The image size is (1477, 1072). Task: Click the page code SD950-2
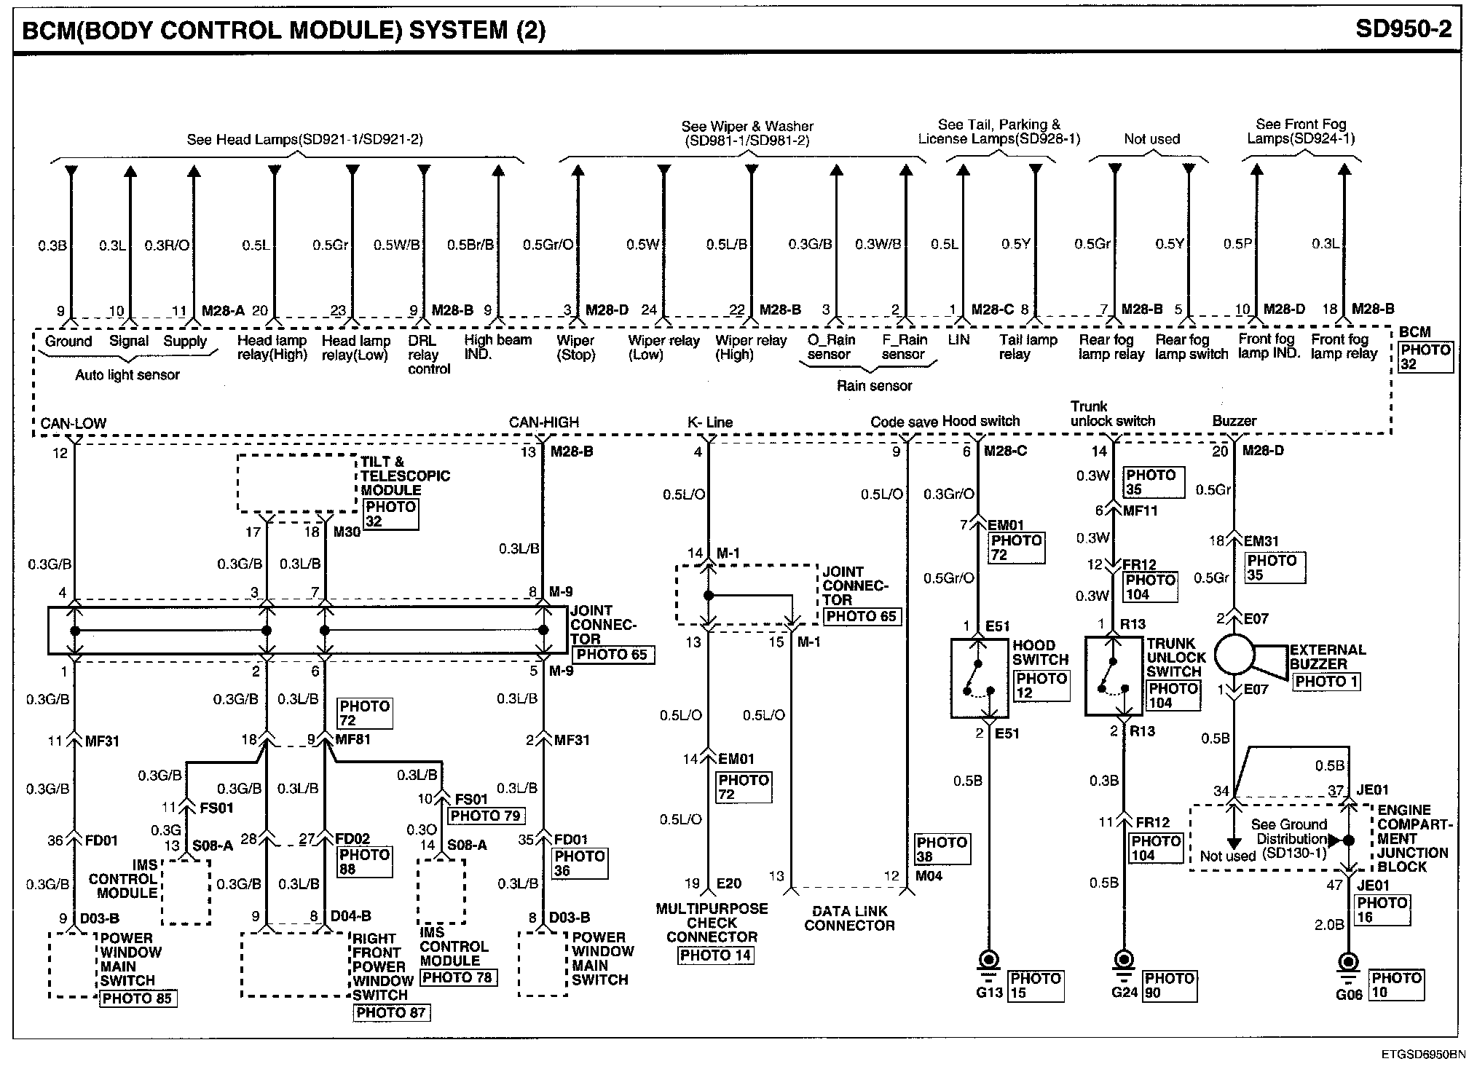click(x=1403, y=29)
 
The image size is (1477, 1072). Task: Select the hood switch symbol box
click(x=980, y=678)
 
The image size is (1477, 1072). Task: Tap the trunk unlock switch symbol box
click(x=1114, y=677)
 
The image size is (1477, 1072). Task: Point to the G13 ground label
click(x=989, y=993)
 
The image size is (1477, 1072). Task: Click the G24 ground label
click(x=1125, y=993)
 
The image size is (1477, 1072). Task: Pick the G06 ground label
click(x=1349, y=994)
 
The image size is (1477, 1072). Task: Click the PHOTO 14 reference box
click(x=715, y=955)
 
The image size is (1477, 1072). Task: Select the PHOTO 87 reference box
click(x=391, y=1012)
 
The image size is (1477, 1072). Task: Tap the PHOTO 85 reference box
click(x=137, y=998)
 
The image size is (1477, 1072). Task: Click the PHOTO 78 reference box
click(x=458, y=977)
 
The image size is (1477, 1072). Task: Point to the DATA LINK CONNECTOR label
click(x=849, y=918)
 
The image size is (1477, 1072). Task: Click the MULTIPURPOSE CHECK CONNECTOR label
click(x=712, y=923)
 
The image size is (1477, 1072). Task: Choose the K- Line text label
click(x=709, y=422)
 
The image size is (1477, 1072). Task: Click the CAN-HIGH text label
click(x=543, y=422)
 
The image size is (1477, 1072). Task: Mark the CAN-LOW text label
click(x=74, y=423)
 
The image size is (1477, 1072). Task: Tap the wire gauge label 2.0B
click(x=1328, y=924)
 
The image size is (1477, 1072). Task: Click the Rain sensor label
click(x=874, y=386)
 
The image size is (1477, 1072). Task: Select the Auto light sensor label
click(x=127, y=375)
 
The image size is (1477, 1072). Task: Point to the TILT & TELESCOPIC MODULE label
click(x=405, y=476)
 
